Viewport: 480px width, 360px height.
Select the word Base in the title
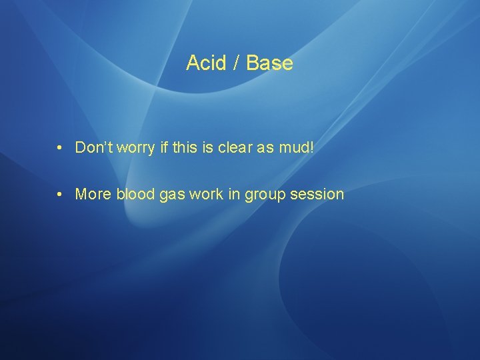pyautogui.click(x=269, y=63)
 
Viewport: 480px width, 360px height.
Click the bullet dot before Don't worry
pyautogui.click(x=60, y=147)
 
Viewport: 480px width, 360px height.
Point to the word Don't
pyautogui.click(x=94, y=147)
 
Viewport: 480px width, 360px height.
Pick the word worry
pyautogui.click(x=137, y=147)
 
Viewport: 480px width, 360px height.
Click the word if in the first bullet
pyautogui.click(x=164, y=147)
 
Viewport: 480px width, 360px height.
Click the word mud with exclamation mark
pyautogui.click(x=296, y=147)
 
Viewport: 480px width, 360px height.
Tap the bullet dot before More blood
pyautogui.click(x=60, y=195)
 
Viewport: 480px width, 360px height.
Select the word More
pyautogui.click(x=93, y=195)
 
